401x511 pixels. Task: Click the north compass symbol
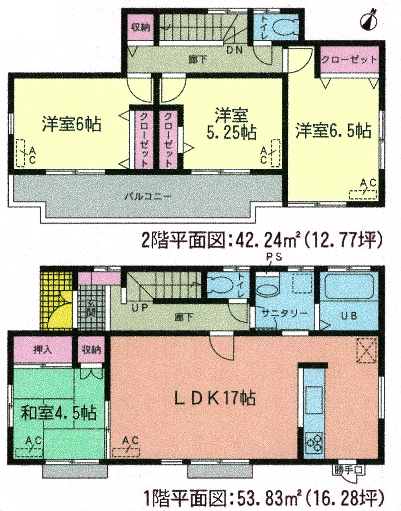pyautogui.click(x=371, y=18)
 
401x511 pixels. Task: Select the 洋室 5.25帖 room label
pyautogui.click(x=231, y=124)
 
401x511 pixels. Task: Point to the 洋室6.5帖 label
pyautogui.click(x=333, y=131)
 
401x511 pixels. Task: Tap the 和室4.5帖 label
pyautogui.click(x=59, y=412)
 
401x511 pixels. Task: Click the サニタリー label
pyautogui.click(x=285, y=313)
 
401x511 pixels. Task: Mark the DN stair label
pyautogui.click(x=235, y=50)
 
